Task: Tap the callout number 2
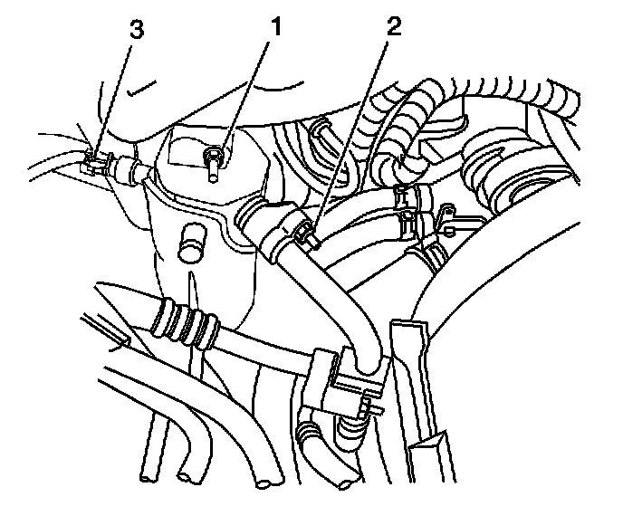click(x=391, y=28)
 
